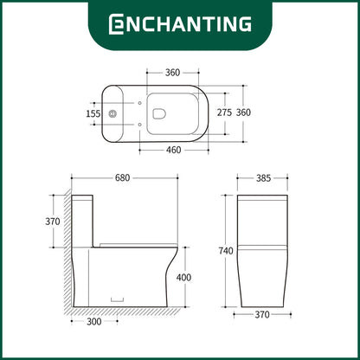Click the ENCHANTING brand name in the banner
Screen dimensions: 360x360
180,24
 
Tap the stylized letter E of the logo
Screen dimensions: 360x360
116,24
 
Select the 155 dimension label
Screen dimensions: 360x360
93,113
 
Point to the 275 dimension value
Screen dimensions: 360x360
224,112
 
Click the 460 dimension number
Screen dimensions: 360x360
174,150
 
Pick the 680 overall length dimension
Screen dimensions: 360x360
123,178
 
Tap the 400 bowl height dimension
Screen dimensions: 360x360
183,278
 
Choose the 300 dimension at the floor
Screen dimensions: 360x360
94,321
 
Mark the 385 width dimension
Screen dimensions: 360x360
263,178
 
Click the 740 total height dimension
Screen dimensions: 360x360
226,251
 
